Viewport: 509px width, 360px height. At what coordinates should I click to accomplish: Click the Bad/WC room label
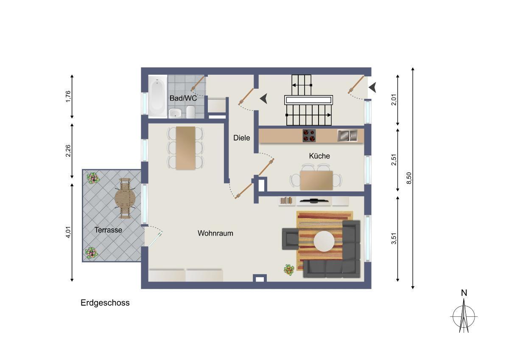pyautogui.click(x=183, y=98)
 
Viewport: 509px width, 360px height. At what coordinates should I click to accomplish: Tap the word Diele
pyautogui.click(x=241, y=138)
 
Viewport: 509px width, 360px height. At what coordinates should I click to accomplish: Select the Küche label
pyautogui.click(x=319, y=156)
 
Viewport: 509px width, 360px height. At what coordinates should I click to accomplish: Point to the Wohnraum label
pyautogui.click(x=215, y=233)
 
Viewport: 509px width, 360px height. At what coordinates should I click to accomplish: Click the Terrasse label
pyautogui.click(x=108, y=230)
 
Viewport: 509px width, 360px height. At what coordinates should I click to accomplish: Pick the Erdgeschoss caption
pyautogui.click(x=105, y=303)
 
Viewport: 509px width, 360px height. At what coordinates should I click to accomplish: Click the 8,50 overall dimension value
pyautogui.click(x=409, y=178)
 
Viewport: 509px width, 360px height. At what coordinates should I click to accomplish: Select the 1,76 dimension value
pyautogui.click(x=68, y=96)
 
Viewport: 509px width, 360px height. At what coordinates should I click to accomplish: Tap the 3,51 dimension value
pyautogui.click(x=394, y=238)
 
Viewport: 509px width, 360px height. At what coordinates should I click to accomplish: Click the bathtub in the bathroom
pyautogui.click(x=158, y=96)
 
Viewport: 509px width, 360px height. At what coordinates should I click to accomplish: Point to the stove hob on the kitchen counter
pyautogui.click(x=309, y=135)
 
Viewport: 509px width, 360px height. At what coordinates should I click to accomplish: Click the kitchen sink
pyautogui.click(x=347, y=135)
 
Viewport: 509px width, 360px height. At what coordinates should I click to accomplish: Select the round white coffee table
pyautogui.click(x=324, y=241)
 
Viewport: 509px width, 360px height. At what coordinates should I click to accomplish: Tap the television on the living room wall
pyautogui.click(x=313, y=200)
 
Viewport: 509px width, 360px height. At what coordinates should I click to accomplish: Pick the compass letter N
pyautogui.click(x=464, y=293)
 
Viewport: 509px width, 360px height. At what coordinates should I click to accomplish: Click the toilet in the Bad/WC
pyautogui.click(x=190, y=112)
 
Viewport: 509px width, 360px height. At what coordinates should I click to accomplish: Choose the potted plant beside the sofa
pyautogui.click(x=289, y=270)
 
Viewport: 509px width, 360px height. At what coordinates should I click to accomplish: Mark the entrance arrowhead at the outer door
pyautogui.click(x=372, y=87)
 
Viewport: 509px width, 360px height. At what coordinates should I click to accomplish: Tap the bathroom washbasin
pyautogui.click(x=175, y=113)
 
